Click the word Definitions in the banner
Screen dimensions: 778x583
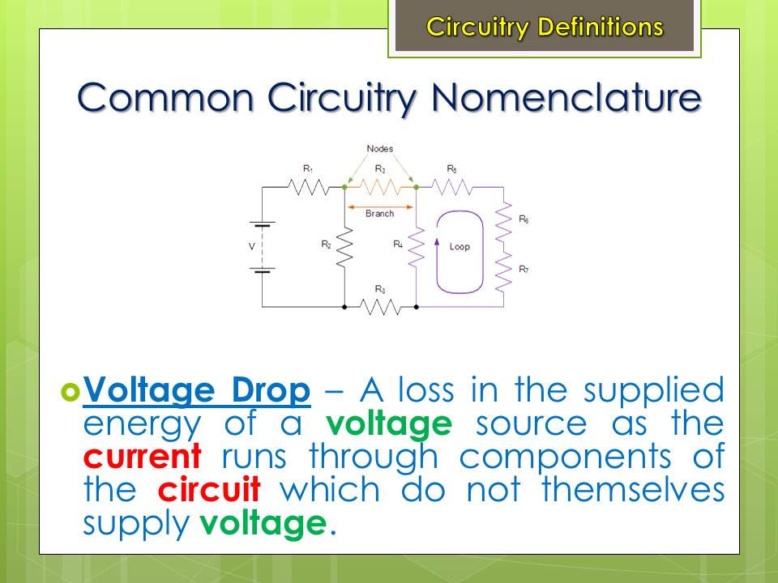click(601, 26)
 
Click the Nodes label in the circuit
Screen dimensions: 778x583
click(379, 148)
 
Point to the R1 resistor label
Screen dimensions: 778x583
click(308, 169)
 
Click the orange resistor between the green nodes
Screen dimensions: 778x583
click(380, 187)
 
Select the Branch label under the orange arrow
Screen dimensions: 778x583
click(379, 213)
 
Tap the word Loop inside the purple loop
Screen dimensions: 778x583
click(460, 246)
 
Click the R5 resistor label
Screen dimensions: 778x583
click(451, 169)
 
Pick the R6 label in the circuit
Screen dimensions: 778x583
click(524, 219)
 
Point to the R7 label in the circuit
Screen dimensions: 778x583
click(524, 269)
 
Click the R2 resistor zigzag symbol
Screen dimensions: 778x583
click(344, 248)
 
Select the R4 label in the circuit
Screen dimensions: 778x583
click(398, 244)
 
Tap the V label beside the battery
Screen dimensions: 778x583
click(251, 246)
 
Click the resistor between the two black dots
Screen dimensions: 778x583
click(380, 307)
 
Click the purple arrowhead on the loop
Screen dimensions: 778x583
click(437, 242)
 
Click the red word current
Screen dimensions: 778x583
click(143, 457)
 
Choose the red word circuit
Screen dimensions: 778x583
click(209, 489)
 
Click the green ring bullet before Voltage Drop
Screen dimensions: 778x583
click(70, 392)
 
